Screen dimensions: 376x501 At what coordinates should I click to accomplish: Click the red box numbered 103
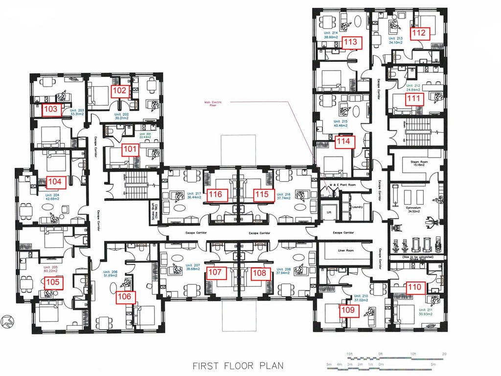(x=50, y=110)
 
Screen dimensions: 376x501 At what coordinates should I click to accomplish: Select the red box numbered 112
(x=419, y=33)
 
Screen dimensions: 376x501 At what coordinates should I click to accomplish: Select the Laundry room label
(x=357, y=207)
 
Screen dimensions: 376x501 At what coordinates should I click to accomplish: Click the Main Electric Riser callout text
(x=213, y=103)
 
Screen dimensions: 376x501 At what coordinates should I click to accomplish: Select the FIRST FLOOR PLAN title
(x=238, y=365)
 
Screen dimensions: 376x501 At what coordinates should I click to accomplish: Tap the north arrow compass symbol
(x=6, y=322)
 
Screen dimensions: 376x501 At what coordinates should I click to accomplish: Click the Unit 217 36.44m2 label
(x=188, y=195)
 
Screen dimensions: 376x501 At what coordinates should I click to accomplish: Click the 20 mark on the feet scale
(x=444, y=353)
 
